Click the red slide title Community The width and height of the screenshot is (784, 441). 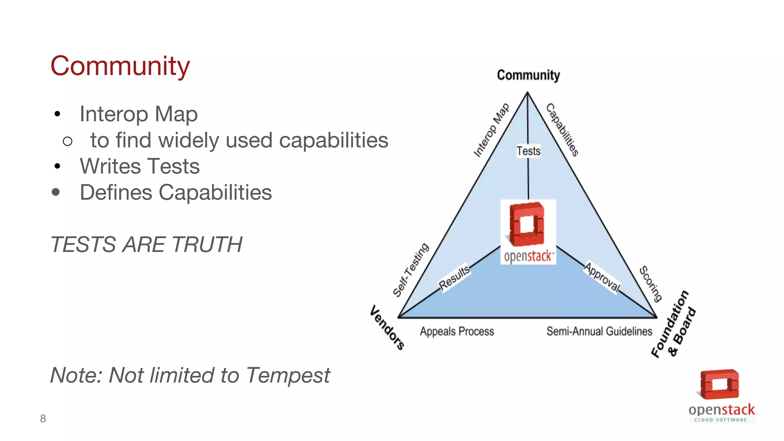tap(120, 66)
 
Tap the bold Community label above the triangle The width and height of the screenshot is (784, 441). tap(528, 75)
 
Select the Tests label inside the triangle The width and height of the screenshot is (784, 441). tap(528, 151)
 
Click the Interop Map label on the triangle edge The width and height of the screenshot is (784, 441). tap(492, 130)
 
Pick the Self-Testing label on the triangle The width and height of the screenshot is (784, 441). tap(411, 270)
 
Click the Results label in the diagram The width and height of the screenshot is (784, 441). tap(454, 278)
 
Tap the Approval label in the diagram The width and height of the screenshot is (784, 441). tap(602, 277)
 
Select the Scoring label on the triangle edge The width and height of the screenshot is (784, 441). tap(651, 284)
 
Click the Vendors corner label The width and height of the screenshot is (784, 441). tap(387, 327)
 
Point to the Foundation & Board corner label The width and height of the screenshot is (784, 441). tap(674, 325)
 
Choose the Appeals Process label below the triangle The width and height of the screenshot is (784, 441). tap(457, 331)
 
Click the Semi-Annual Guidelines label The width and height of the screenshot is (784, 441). tap(599, 331)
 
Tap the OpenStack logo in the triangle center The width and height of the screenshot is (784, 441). tap(528, 232)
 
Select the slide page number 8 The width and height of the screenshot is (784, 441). tap(43, 418)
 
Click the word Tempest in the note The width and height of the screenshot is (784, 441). tap(287, 375)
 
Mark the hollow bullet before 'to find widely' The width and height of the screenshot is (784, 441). tap(67, 142)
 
